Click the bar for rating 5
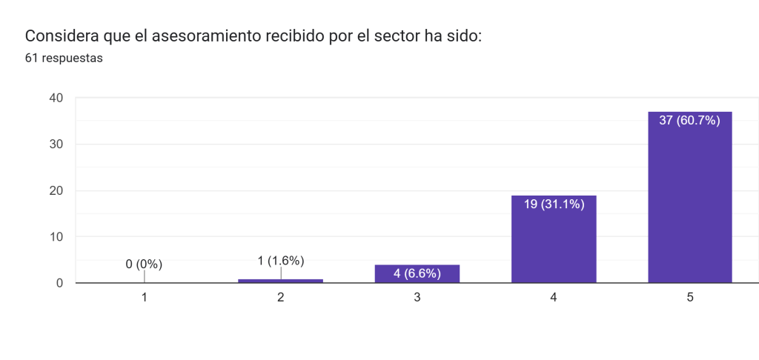click(x=689, y=200)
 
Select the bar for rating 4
click(x=554, y=241)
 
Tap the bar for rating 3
click(x=417, y=274)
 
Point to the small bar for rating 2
click(x=281, y=281)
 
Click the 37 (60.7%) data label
click(x=689, y=121)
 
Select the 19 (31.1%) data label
click(x=554, y=204)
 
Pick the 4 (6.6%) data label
click(x=417, y=273)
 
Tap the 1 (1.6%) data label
click(x=281, y=260)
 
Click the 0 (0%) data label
click(x=144, y=264)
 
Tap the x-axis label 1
click(x=145, y=298)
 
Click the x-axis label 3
click(x=417, y=298)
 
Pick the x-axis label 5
click(x=690, y=298)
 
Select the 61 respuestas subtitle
click(x=64, y=59)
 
